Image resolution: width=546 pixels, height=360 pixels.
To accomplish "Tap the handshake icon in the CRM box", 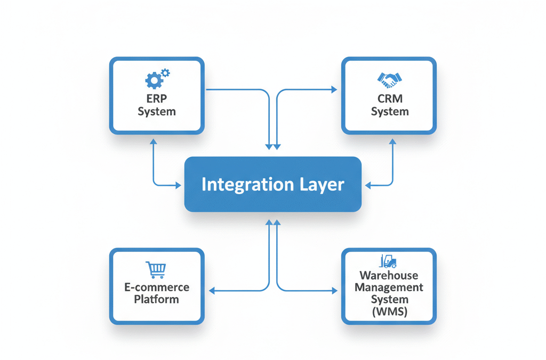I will (390, 79).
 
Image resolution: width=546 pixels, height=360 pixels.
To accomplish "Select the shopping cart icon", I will (156, 270).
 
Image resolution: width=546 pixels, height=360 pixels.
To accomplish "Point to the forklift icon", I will (388, 261).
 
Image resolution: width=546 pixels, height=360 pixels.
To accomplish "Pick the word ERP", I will (157, 99).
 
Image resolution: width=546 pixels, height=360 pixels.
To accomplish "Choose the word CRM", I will (390, 99).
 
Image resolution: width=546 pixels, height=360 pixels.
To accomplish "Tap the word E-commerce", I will (157, 287).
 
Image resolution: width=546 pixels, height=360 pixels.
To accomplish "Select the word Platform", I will (157, 299).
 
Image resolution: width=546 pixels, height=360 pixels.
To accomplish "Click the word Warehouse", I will (389, 276).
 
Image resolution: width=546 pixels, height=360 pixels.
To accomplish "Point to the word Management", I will (389, 287).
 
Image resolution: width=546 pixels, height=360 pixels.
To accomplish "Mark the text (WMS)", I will (389, 311).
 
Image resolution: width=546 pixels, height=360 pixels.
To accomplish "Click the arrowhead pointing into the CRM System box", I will (334, 90).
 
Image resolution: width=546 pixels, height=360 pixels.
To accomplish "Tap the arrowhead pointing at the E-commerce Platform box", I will (212, 291).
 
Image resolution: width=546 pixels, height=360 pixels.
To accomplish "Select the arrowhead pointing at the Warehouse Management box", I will (334, 291).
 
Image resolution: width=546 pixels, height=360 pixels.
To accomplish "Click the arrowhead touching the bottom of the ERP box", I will (153, 142).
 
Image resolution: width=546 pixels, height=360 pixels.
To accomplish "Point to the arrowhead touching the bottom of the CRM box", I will (393, 142).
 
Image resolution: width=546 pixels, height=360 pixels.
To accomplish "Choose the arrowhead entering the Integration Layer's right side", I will (368, 185).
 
